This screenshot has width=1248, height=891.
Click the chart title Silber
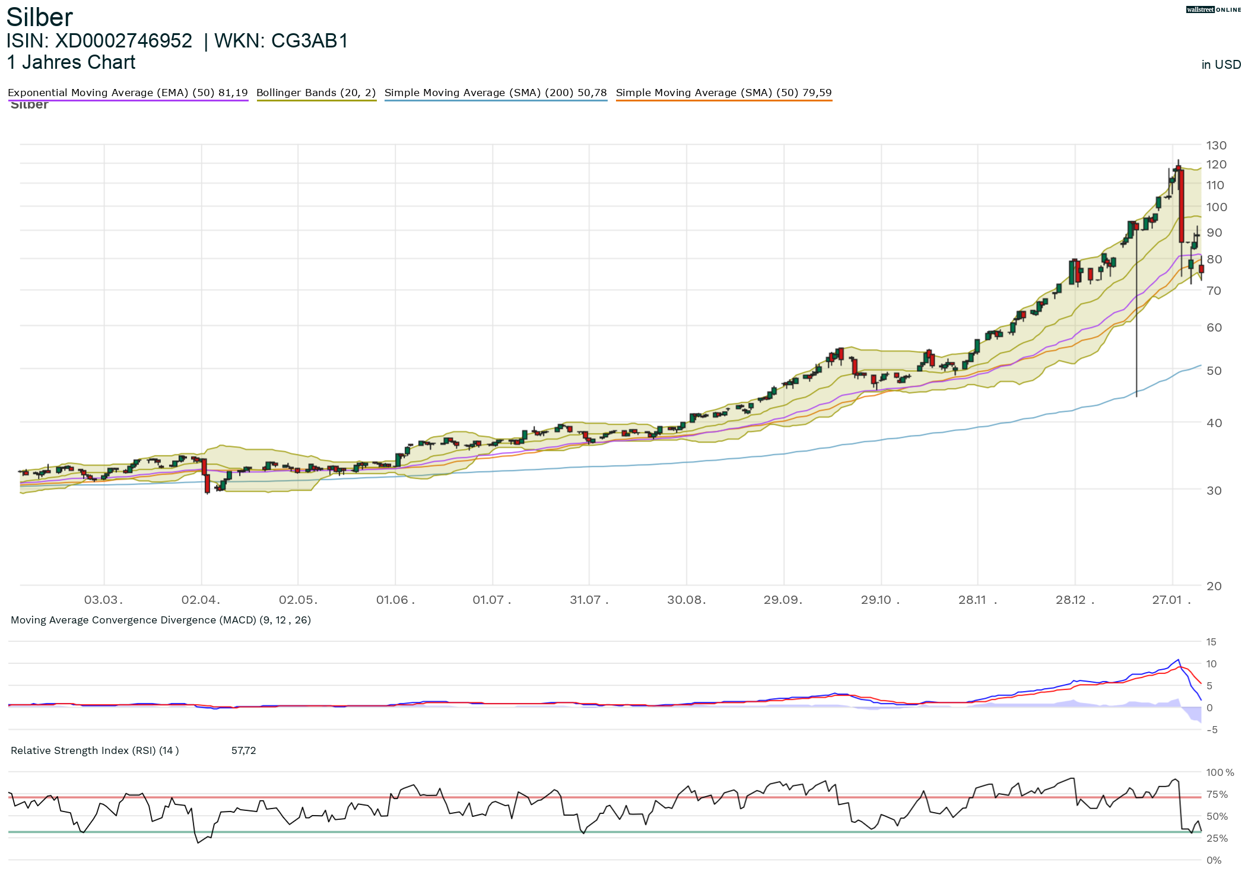click(x=39, y=17)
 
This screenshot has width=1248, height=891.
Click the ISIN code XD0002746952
click(x=123, y=41)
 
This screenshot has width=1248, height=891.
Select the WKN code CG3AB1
click(x=309, y=41)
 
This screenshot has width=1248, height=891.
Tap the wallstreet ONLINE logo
click(x=1214, y=9)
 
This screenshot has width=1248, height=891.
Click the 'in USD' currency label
click(x=1221, y=65)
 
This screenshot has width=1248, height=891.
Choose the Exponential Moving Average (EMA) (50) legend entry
click(x=128, y=93)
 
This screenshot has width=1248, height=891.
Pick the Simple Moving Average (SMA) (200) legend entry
click(x=496, y=93)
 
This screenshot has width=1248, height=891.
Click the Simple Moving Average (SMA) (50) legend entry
click(x=723, y=93)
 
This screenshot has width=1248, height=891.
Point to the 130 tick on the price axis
click(x=1216, y=145)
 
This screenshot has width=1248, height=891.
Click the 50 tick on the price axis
click(x=1214, y=371)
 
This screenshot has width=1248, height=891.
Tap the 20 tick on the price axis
click(x=1214, y=586)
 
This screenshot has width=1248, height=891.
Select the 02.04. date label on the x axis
click(x=201, y=600)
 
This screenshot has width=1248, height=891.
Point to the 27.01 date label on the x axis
click(x=1168, y=600)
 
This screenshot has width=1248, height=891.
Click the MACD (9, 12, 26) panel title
click(x=161, y=620)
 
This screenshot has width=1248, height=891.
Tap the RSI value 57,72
click(x=243, y=750)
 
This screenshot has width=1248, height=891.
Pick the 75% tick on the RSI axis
click(x=1217, y=794)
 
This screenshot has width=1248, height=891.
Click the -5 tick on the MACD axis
click(x=1212, y=730)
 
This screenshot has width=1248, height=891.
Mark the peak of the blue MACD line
click(x=1178, y=660)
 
